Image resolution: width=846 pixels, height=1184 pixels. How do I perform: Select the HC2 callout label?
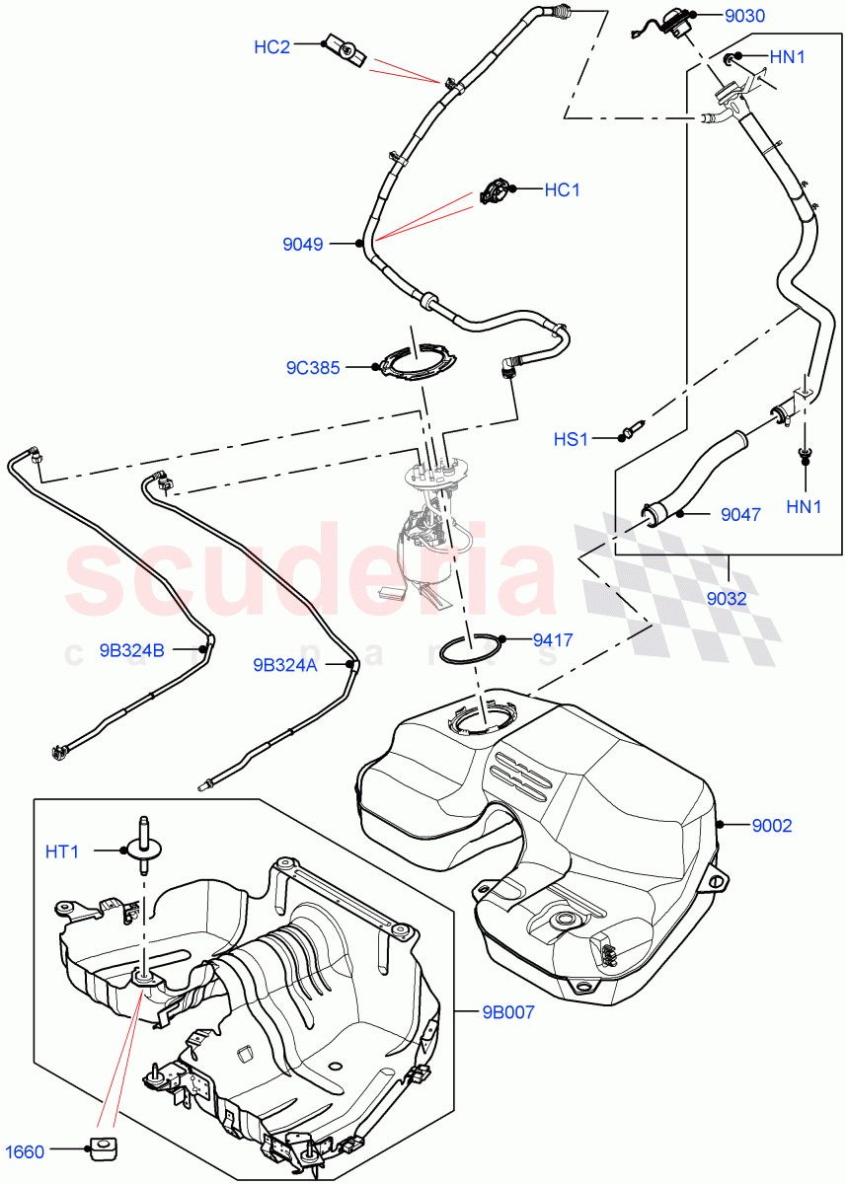point(271,46)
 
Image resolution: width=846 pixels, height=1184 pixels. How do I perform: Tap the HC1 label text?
point(562,189)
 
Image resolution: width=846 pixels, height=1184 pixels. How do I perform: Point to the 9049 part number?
point(304,245)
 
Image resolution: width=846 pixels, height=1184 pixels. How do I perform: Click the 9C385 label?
point(313,368)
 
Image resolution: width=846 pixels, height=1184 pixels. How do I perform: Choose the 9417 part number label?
point(553,639)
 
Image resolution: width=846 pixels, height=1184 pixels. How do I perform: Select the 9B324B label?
point(131,650)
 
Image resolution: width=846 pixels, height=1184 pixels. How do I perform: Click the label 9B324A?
point(283,665)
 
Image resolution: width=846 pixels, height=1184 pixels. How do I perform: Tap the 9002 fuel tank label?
point(772,826)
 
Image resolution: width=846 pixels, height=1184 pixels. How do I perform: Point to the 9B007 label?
point(506,1013)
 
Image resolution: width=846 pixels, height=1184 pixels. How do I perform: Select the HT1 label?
point(62,851)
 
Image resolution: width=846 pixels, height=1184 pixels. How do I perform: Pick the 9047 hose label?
point(740,513)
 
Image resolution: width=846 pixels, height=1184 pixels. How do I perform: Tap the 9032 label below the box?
point(727,598)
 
